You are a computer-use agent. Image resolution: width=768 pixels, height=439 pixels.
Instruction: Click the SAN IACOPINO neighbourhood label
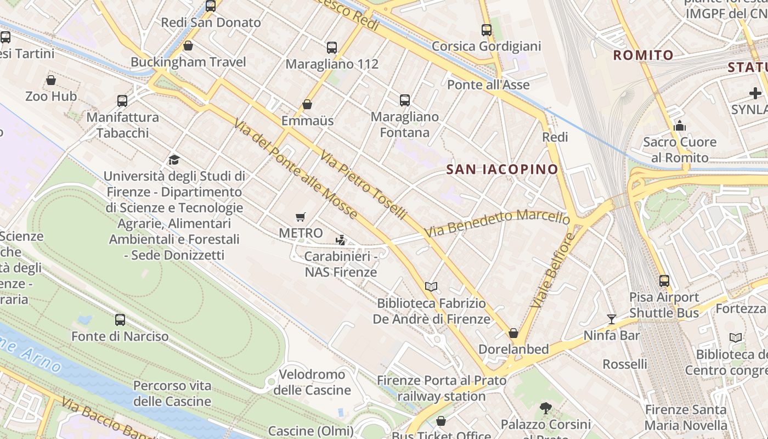tap(502, 170)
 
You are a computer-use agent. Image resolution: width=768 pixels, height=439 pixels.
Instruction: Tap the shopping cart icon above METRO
tap(300, 217)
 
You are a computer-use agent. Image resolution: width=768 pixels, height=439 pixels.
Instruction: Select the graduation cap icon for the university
tap(174, 160)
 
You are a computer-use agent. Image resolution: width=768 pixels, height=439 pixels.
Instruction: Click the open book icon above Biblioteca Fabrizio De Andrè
tap(431, 286)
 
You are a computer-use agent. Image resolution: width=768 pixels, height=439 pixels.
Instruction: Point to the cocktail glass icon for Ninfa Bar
tap(612, 319)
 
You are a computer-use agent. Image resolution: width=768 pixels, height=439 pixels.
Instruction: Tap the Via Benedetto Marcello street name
tap(496, 224)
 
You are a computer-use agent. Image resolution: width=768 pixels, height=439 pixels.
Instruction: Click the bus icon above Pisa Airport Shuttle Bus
tap(664, 281)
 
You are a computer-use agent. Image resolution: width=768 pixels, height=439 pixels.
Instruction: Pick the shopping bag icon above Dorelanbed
tap(513, 333)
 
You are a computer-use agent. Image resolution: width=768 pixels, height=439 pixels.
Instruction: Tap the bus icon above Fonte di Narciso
tap(120, 320)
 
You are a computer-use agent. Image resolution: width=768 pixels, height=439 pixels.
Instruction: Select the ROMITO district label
tap(643, 55)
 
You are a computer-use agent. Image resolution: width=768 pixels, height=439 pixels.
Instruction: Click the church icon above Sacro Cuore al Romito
tap(680, 126)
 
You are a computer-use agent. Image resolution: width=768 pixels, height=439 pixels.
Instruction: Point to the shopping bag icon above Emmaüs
tap(307, 104)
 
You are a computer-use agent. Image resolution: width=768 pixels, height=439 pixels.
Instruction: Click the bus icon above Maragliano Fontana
tap(405, 100)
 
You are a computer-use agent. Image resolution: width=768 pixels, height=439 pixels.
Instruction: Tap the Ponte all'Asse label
tap(488, 85)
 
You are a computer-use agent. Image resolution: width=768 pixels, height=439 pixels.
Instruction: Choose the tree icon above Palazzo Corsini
tap(545, 408)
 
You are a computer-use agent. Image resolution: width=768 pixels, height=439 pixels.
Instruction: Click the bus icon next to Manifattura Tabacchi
tap(122, 101)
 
